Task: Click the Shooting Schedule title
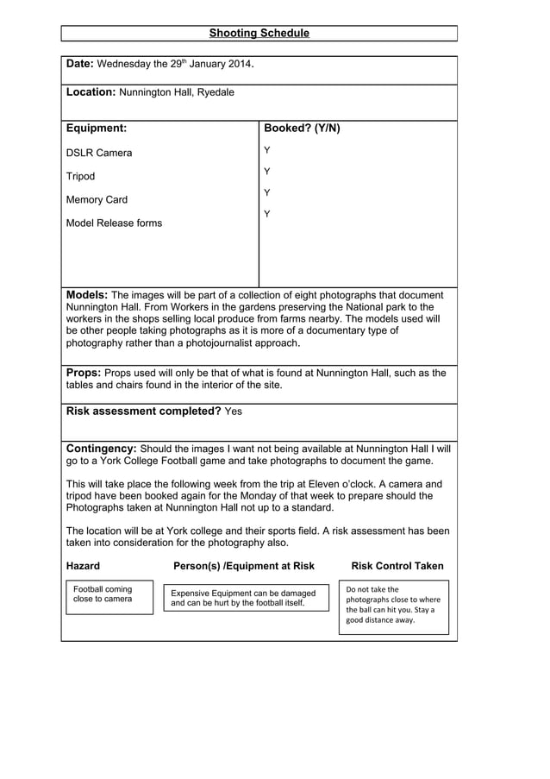coord(259,34)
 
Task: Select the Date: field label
coord(80,64)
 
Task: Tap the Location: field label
coord(91,91)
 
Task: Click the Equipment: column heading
coord(97,129)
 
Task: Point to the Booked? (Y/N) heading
coord(302,129)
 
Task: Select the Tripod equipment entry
coord(81,177)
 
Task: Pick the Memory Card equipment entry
coord(97,200)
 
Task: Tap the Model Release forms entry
coord(114,223)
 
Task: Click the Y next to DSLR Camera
coord(267,151)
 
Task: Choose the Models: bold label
coord(87,295)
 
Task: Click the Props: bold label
coord(83,374)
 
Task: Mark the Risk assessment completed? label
coord(143,411)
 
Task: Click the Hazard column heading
coord(83,566)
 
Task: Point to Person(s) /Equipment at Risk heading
coord(244,566)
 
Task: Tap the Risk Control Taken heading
coord(397,566)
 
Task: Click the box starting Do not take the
coord(393,606)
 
